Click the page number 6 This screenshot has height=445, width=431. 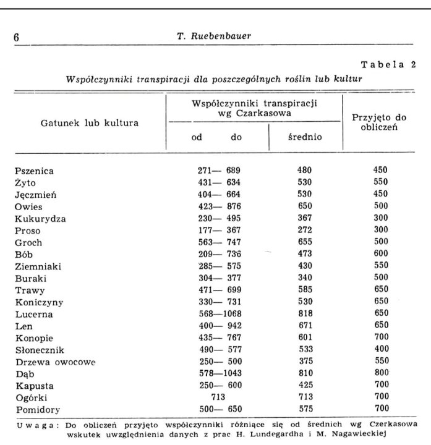coord(17,36)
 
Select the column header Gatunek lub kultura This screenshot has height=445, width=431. coord(90,122)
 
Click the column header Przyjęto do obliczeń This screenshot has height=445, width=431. coord(377,122)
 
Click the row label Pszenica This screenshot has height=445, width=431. coord(34,170)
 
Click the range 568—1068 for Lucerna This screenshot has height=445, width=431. coord(216,313)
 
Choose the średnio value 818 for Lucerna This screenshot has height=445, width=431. coord(304,313)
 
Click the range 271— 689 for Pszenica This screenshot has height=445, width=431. coord(216,170)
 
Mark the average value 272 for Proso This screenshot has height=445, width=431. coord(304,230)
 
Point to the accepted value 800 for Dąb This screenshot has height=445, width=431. coord(381,373)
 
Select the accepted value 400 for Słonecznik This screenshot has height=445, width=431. coord(381,349)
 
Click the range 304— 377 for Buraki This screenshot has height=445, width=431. coord(216,278)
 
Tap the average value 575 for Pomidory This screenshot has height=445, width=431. coord(304,409)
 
